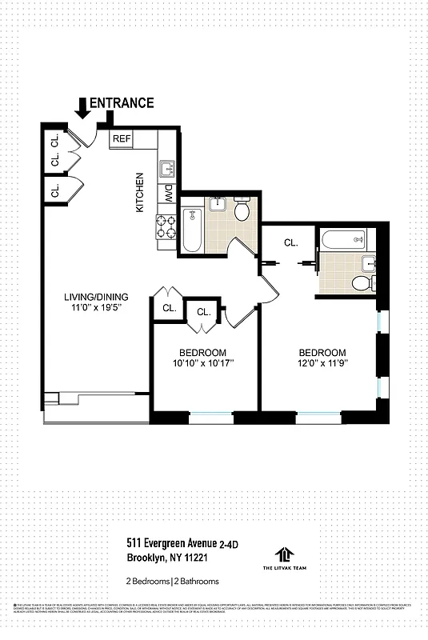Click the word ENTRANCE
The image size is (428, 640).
click(122, 102)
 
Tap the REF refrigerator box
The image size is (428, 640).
click(122, 138)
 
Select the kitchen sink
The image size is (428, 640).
click(167, 169)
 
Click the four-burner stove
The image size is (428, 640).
click(166, 226)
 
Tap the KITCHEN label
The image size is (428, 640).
click(139, 192)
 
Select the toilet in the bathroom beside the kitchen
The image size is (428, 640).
click(243, 210)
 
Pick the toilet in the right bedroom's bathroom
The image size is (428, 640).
click(362, 282)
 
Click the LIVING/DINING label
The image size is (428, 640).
click(95, 299)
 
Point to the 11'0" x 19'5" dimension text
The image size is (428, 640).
click(95, 311)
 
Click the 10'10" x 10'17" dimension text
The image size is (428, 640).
click(202, 365)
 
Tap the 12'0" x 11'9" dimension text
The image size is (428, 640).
click(322, 365)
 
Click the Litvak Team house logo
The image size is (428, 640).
click(282, 554)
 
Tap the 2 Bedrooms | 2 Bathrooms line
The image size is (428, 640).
click(172, 581)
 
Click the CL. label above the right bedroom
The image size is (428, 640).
click(290, 242)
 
